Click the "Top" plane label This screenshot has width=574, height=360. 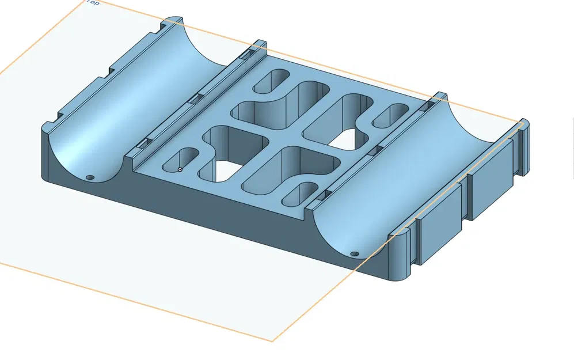pos(92,3)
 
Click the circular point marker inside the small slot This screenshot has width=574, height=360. pos(180,169)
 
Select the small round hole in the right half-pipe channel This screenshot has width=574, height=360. pos(354,253)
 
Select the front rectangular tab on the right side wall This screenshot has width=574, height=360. pos(439,227)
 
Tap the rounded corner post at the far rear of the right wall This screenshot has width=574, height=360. pos(523,147)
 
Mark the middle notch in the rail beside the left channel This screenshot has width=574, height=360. pos(195,98)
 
